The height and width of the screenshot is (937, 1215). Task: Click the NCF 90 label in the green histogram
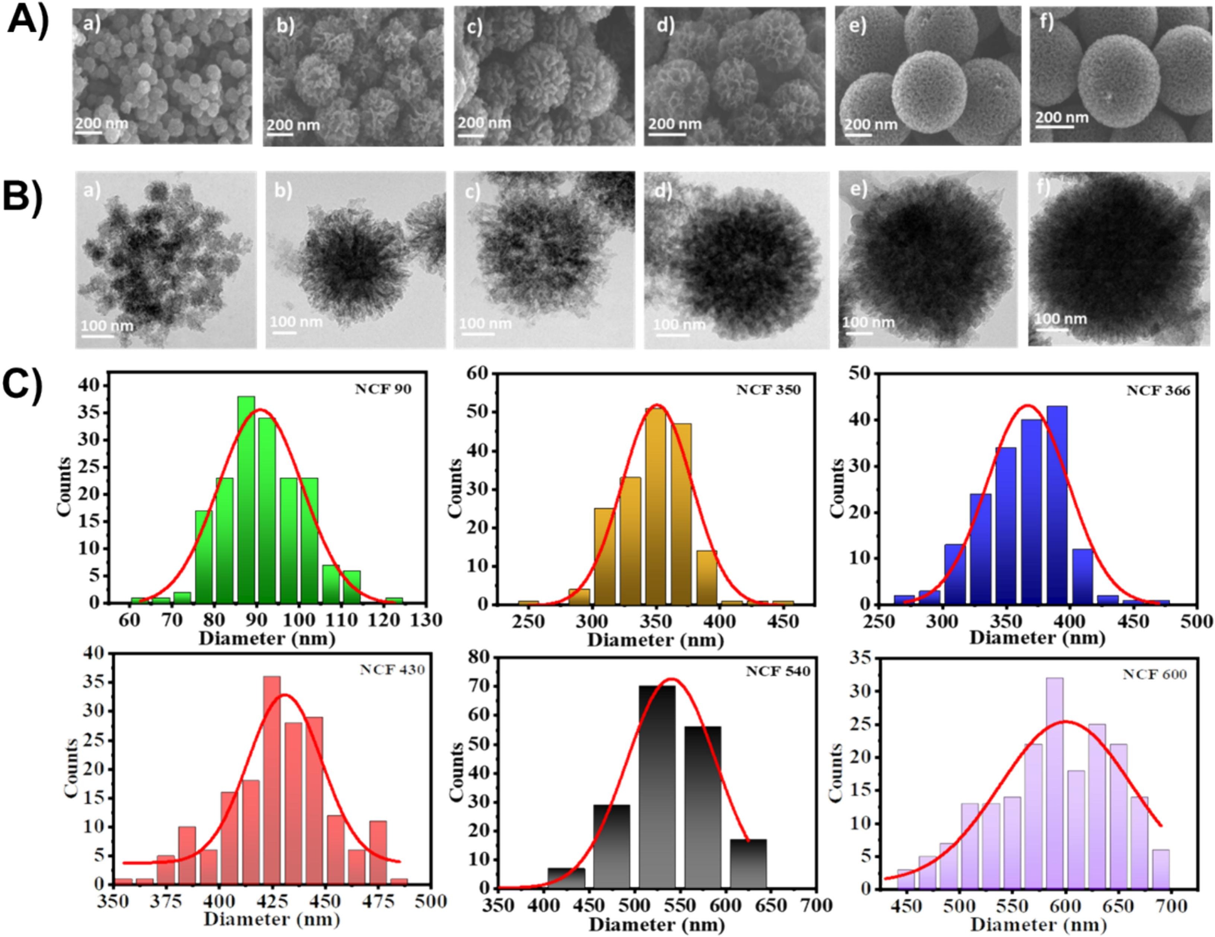click(x=383, y=390)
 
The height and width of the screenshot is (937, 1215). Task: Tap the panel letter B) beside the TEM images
click(x=22, y=197)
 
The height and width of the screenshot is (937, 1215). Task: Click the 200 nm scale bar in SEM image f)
click(x=1054, y=127)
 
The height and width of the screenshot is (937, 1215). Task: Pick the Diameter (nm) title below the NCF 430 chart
click(x=271, y=919)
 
